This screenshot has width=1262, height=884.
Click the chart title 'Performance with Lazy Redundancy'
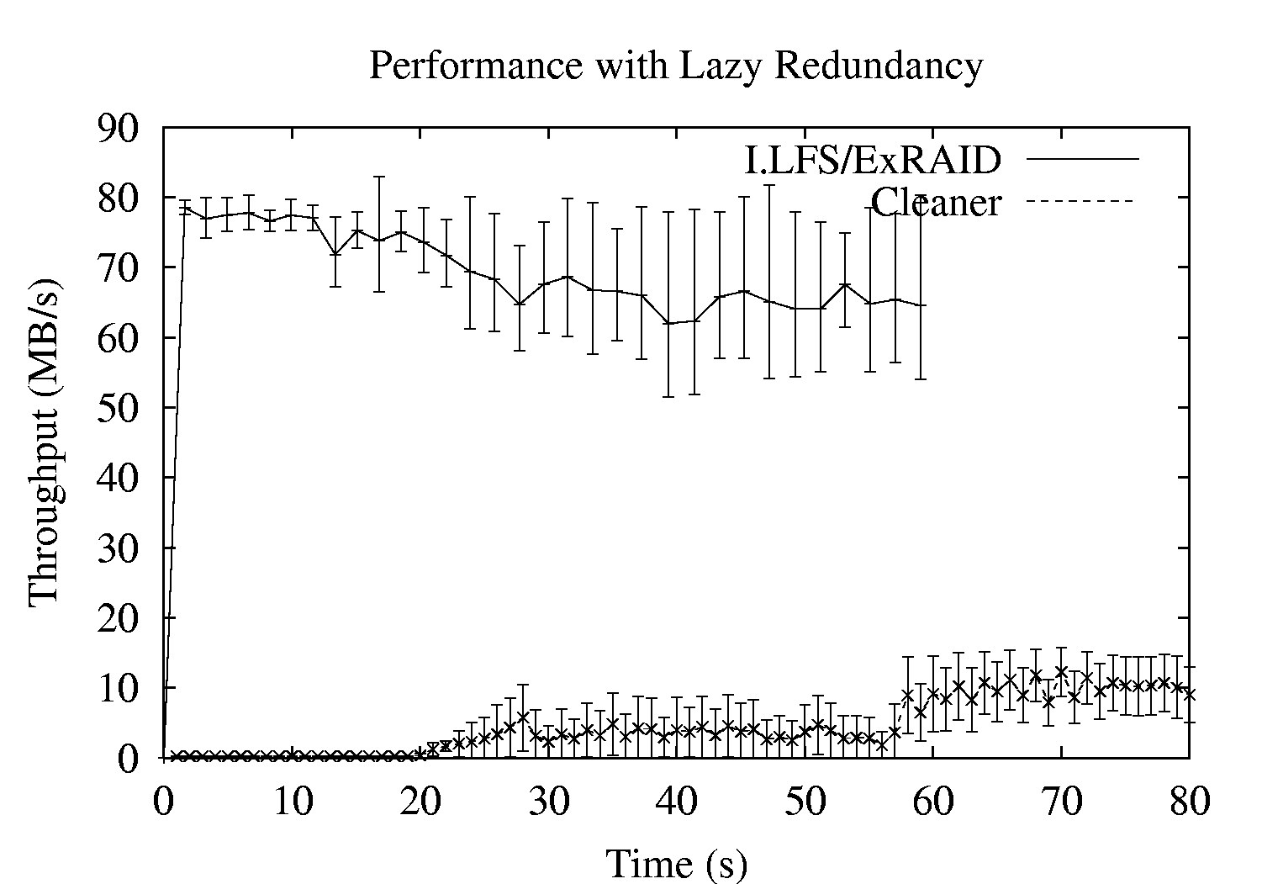tap(676, 65)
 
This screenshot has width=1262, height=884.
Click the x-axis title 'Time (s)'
tap(676, 862)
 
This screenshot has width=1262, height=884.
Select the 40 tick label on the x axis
tap(676, 801)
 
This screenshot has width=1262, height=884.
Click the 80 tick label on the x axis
tap(1189, 801)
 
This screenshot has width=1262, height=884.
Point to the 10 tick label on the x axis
tap(291, 801)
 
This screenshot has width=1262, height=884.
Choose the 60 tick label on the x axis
tap(932, 801)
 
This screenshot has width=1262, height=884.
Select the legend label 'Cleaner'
tap(936, 202)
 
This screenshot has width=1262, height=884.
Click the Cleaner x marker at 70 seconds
tap(1061, 672)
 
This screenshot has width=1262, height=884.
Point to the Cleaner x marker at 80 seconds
tap(1189, 694)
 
